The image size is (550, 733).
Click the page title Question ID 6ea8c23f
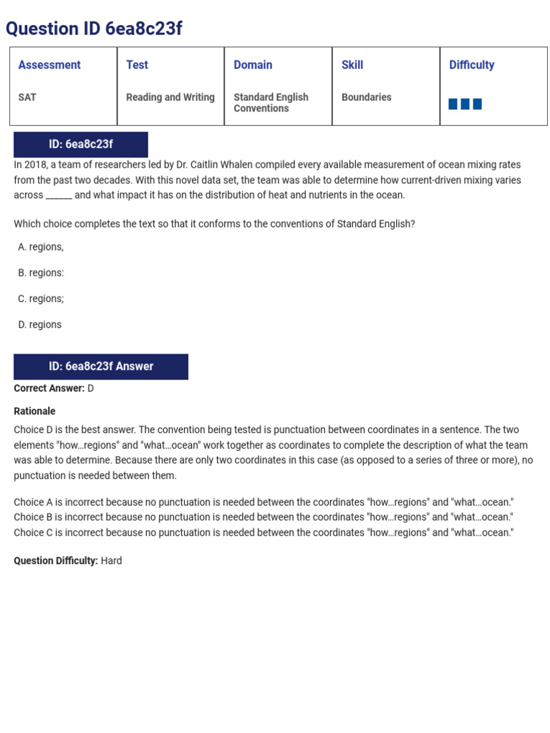coord(94,29)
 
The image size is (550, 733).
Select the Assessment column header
coord(49,65)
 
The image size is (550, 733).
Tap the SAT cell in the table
coord(27,97)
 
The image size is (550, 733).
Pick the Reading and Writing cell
coord(170,97)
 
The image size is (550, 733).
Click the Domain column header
coord(253,65)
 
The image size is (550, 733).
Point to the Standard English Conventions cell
coord(271,102)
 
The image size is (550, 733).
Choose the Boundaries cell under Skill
coord(366,97)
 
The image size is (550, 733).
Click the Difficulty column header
coord(471,65)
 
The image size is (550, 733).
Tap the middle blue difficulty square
coord(465,105)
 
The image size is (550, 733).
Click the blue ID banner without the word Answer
coord(81,145)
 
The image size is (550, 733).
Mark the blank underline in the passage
coord(59,195)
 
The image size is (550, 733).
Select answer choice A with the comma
coord(41,247)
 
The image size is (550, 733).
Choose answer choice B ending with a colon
coord(41,273)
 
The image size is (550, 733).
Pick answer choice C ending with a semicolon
coord(41,298)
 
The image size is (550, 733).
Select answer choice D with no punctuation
coord(40,324)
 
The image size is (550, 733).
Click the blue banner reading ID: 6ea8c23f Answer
coord(101,366)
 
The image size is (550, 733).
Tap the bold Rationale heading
coord(34,412)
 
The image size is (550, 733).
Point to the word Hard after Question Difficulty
coord(111,560)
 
